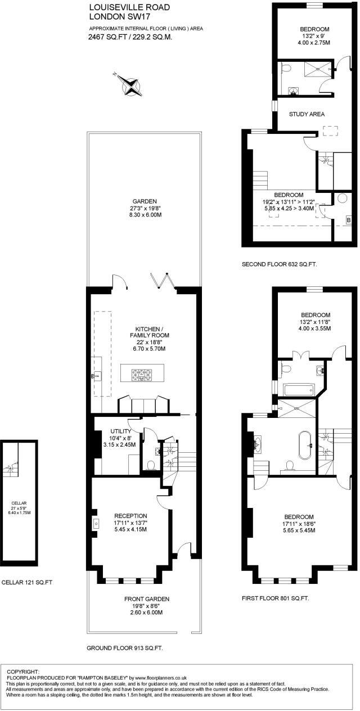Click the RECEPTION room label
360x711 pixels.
tap(130, 515)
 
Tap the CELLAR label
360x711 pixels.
tap(20, 503)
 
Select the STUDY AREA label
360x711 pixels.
tap(307, 114)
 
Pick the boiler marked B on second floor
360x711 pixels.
tap(348, 220)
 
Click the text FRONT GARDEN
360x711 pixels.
tap(146, 598)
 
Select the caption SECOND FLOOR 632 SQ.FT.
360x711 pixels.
tap(279, 264)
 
